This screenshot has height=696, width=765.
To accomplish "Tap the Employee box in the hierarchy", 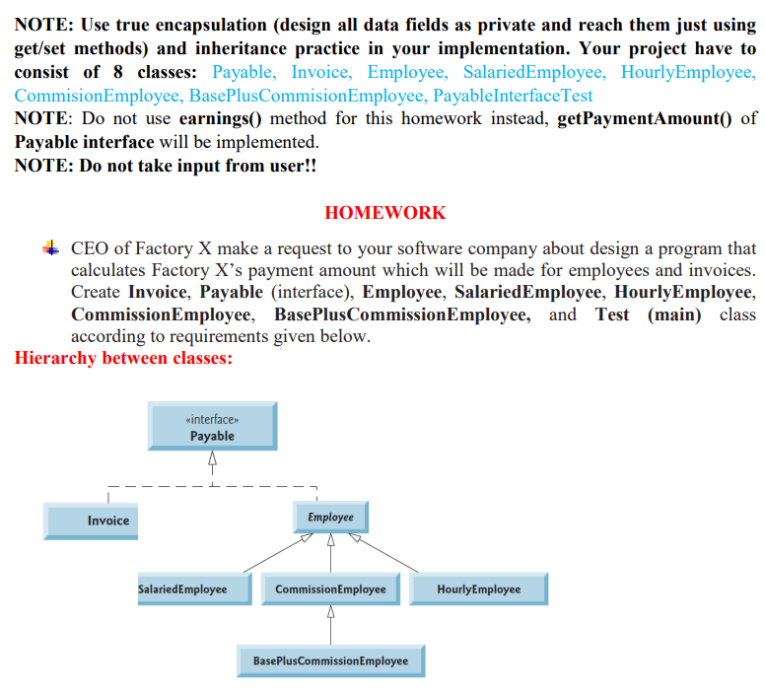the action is (330, 517).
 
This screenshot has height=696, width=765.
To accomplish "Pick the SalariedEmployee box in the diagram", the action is (182, 589).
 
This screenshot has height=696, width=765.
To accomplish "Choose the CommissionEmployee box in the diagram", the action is (330, 589).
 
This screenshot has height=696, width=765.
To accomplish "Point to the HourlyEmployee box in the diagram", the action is (478, 589).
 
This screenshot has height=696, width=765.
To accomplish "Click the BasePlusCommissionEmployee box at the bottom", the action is (330, 660).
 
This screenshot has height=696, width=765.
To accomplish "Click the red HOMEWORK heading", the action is (384, 213).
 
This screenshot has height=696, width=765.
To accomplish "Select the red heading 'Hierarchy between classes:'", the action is (124, 358).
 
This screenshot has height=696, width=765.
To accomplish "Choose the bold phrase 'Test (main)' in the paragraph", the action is (652, 314).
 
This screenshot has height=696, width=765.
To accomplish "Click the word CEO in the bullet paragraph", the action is (90, 248).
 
